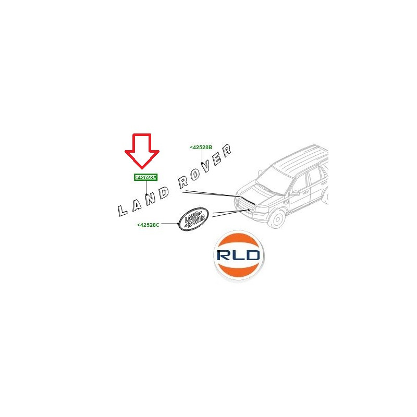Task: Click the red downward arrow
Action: click(x=142, y=151)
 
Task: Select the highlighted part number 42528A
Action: click(x=146, y=177)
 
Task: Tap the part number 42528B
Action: click(x=201, y=148)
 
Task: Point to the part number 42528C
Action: click(x=148, y=225)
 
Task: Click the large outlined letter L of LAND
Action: click(x=122, y=211)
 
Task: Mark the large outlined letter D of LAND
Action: click(x=164, y=193)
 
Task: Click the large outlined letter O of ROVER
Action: click(x=195, y=174)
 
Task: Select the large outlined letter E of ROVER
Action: click(x=216, y=160)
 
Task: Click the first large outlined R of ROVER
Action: click(x=183, y=182)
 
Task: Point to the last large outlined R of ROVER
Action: click(x=227, y=151)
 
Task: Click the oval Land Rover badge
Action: click(x=193, y=219)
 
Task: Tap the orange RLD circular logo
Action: click(x=239, y=255)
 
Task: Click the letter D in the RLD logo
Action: click(x=251, y=255)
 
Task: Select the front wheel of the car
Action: click(x=277, y=219)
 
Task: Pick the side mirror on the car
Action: click(x=295, y=193)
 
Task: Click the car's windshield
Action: click(x=274, y=180)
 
